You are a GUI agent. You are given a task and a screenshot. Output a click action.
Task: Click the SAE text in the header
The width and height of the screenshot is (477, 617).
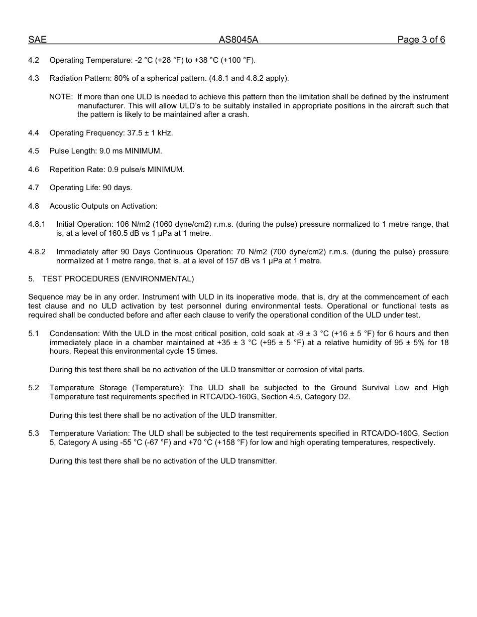(37, 40)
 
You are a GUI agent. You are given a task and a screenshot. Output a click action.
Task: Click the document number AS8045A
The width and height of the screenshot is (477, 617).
(238, 40)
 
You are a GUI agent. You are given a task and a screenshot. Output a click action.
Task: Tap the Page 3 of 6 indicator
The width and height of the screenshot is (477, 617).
(421, 40)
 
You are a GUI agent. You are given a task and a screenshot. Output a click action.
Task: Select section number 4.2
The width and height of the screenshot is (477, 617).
(34, 60)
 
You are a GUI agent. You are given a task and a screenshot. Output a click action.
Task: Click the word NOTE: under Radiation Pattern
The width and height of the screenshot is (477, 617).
(61, 97)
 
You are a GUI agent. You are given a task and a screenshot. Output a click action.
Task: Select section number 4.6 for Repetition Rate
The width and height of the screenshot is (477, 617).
(34, 170)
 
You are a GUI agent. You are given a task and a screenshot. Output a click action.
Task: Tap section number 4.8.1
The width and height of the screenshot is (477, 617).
(37, 224)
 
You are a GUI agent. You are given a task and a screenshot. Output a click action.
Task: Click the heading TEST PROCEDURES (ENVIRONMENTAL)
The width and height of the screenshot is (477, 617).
(117, 279)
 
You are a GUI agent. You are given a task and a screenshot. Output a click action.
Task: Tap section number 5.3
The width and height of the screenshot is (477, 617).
(34, 433)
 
